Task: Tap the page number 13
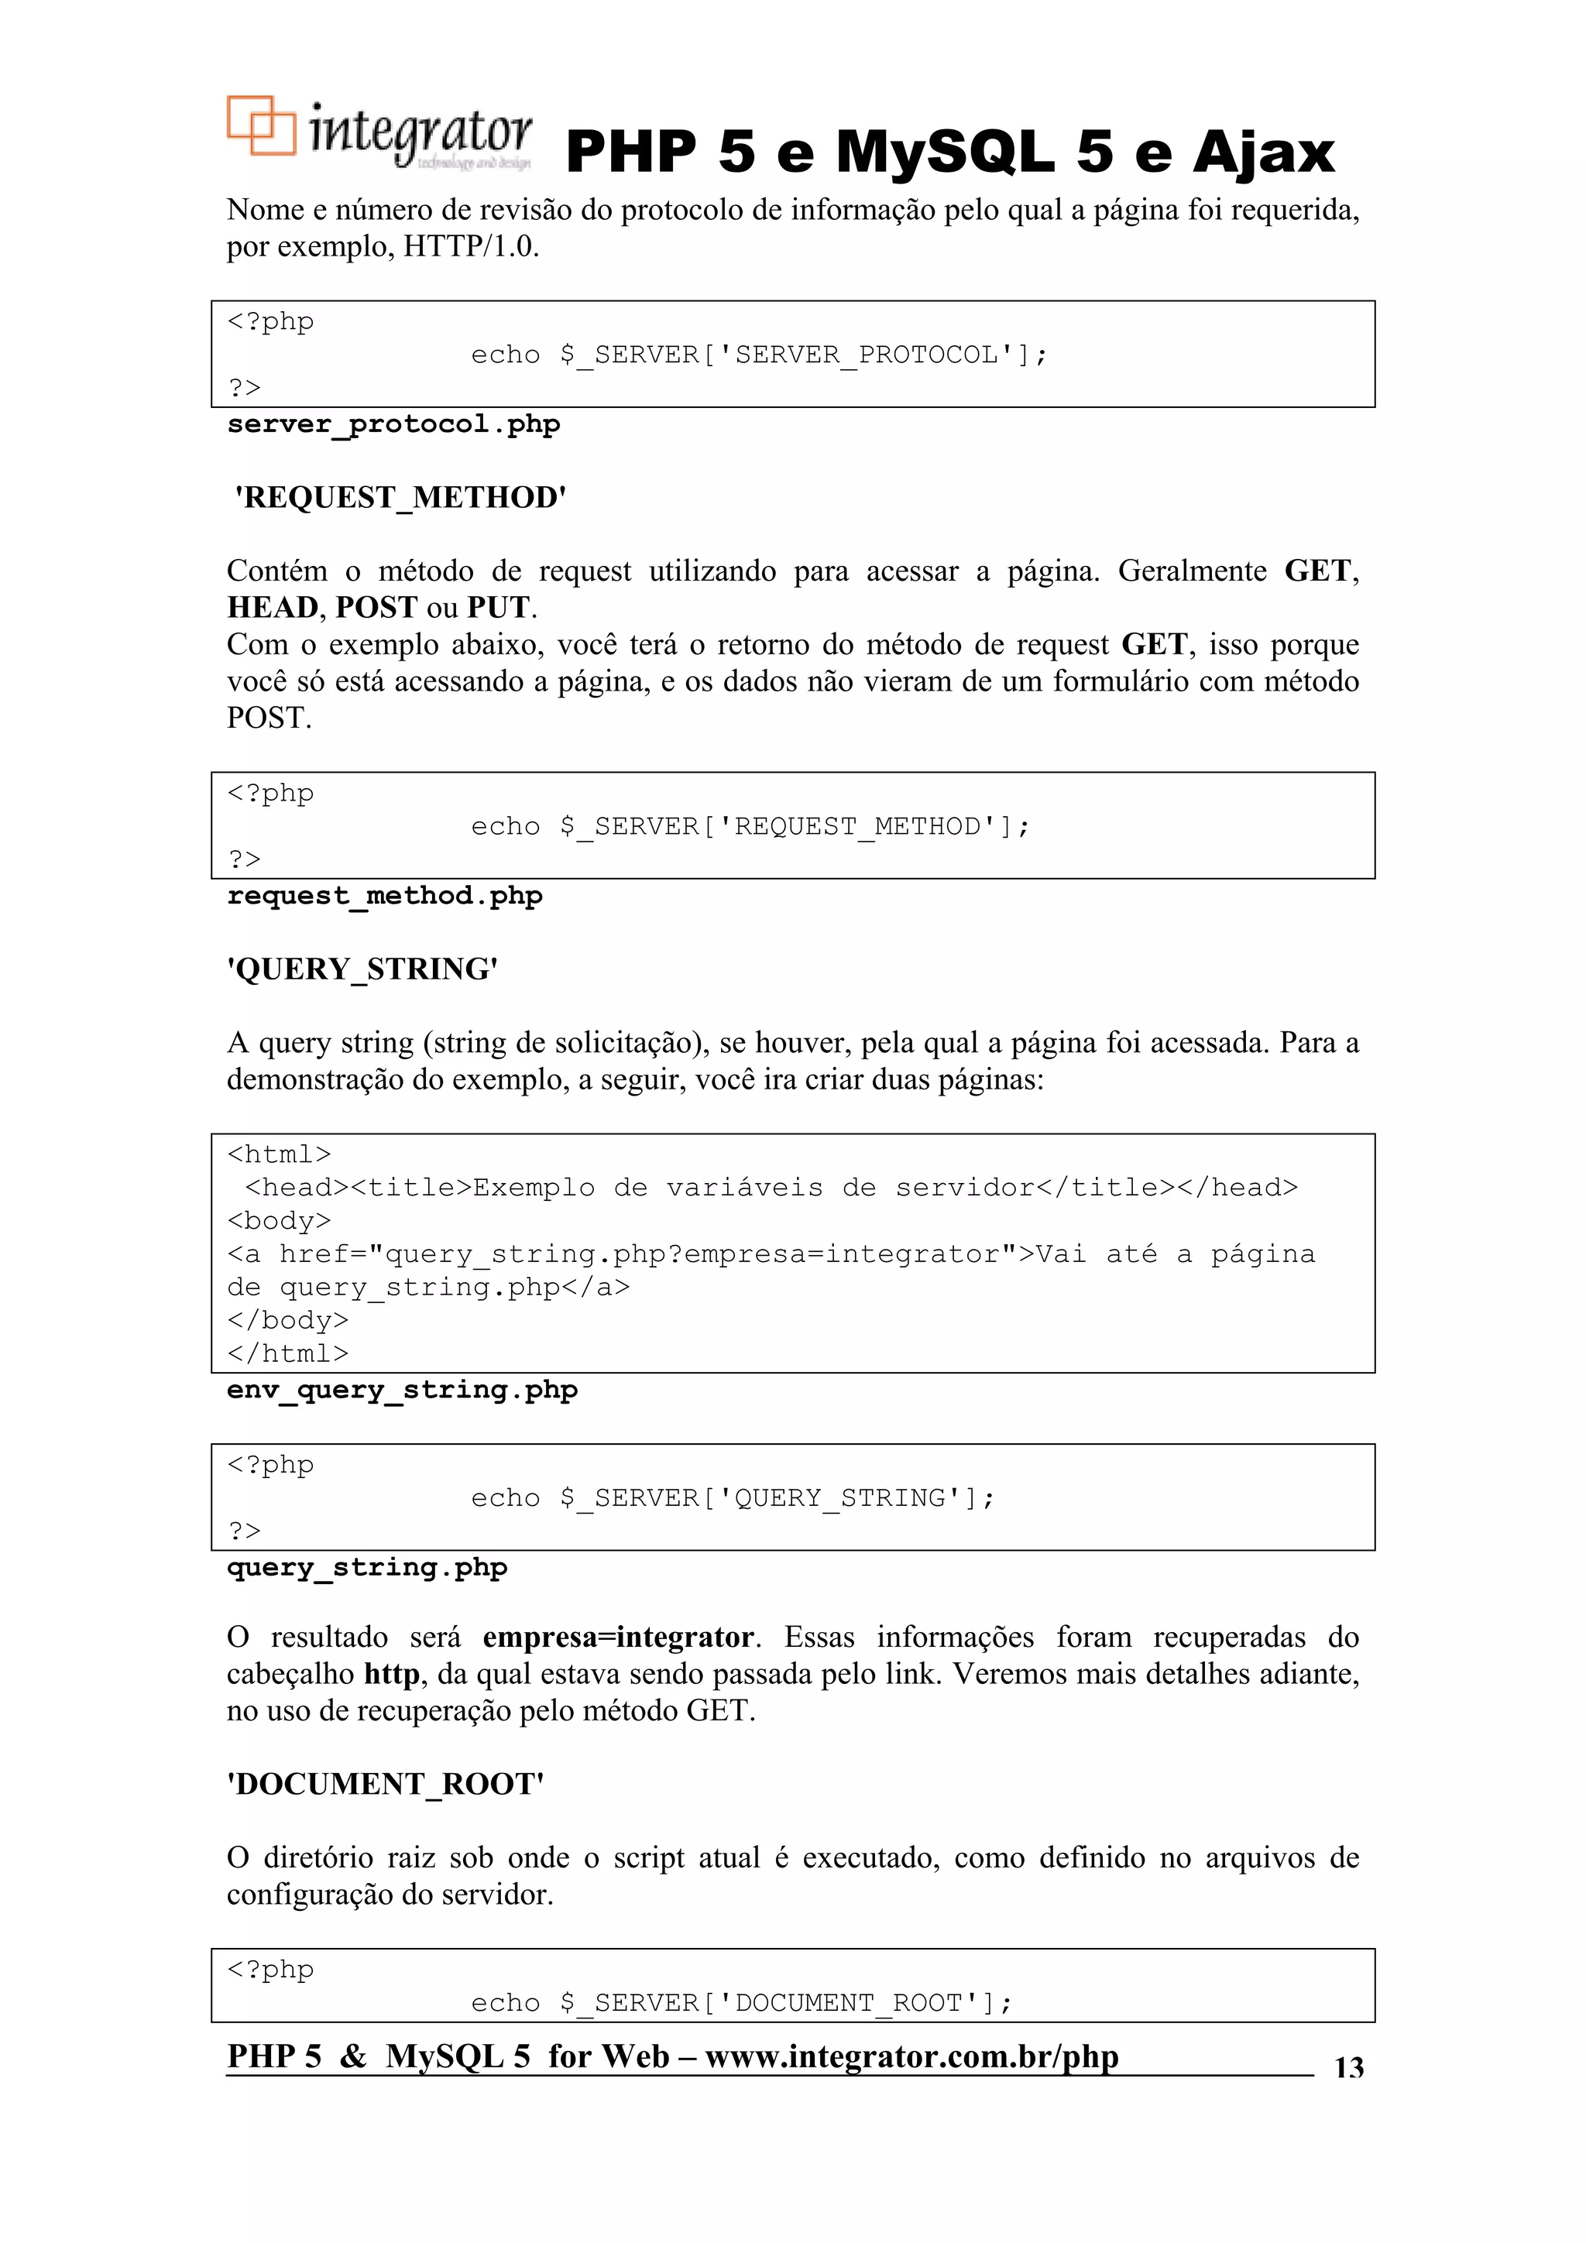click(x=1348, y=2067)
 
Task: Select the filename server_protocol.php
click(x=393, y=425)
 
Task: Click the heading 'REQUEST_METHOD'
click(x=400, y=497)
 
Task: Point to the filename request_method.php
click(x=384, y=896)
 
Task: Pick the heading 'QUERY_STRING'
click(x=362, y=969)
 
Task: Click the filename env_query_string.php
click(x=402, y=1389)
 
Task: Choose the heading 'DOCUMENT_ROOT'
click(x=385, y=1784)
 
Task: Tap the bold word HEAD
click(x=273, y=608)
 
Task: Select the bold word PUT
click(x=499, y=608)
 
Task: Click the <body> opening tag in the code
click(x=279, y=1221)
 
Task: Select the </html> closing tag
click(x=287, y=1354)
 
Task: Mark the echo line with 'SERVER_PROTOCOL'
click(x=758, y=355)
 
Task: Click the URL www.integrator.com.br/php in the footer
click(x=911, y=2056)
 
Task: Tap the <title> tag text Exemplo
click(x=534, y=1188)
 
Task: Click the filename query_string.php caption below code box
click(x=366, y=1567)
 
